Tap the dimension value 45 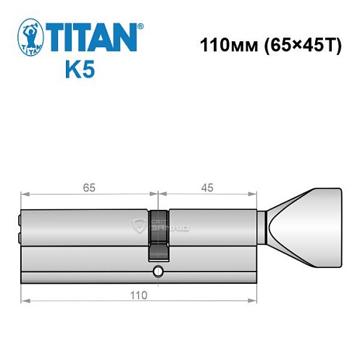click(206, 187)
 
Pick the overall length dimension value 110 click(138, 295)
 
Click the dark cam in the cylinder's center click(158, 235)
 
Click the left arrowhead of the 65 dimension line click(24, 194)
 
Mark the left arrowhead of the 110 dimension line click(24, 300)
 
